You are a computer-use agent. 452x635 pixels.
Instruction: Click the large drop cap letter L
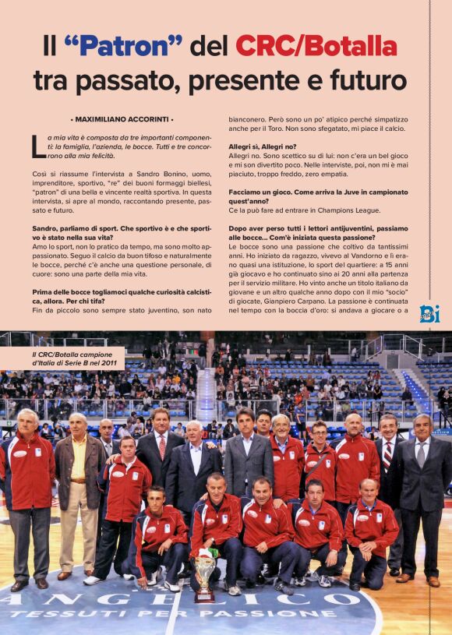coord(37,146)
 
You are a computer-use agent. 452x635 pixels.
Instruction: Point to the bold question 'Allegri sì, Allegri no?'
coord(262,146)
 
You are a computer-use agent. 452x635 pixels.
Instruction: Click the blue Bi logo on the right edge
coord(429,313)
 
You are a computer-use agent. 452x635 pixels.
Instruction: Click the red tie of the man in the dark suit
coord(162,446)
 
